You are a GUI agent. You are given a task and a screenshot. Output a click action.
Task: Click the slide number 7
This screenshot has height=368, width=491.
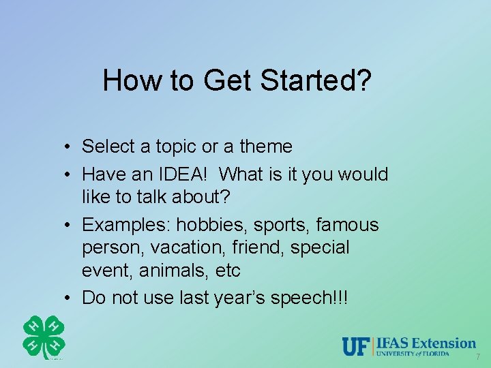pyautogui.click(x=477, y=357)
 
